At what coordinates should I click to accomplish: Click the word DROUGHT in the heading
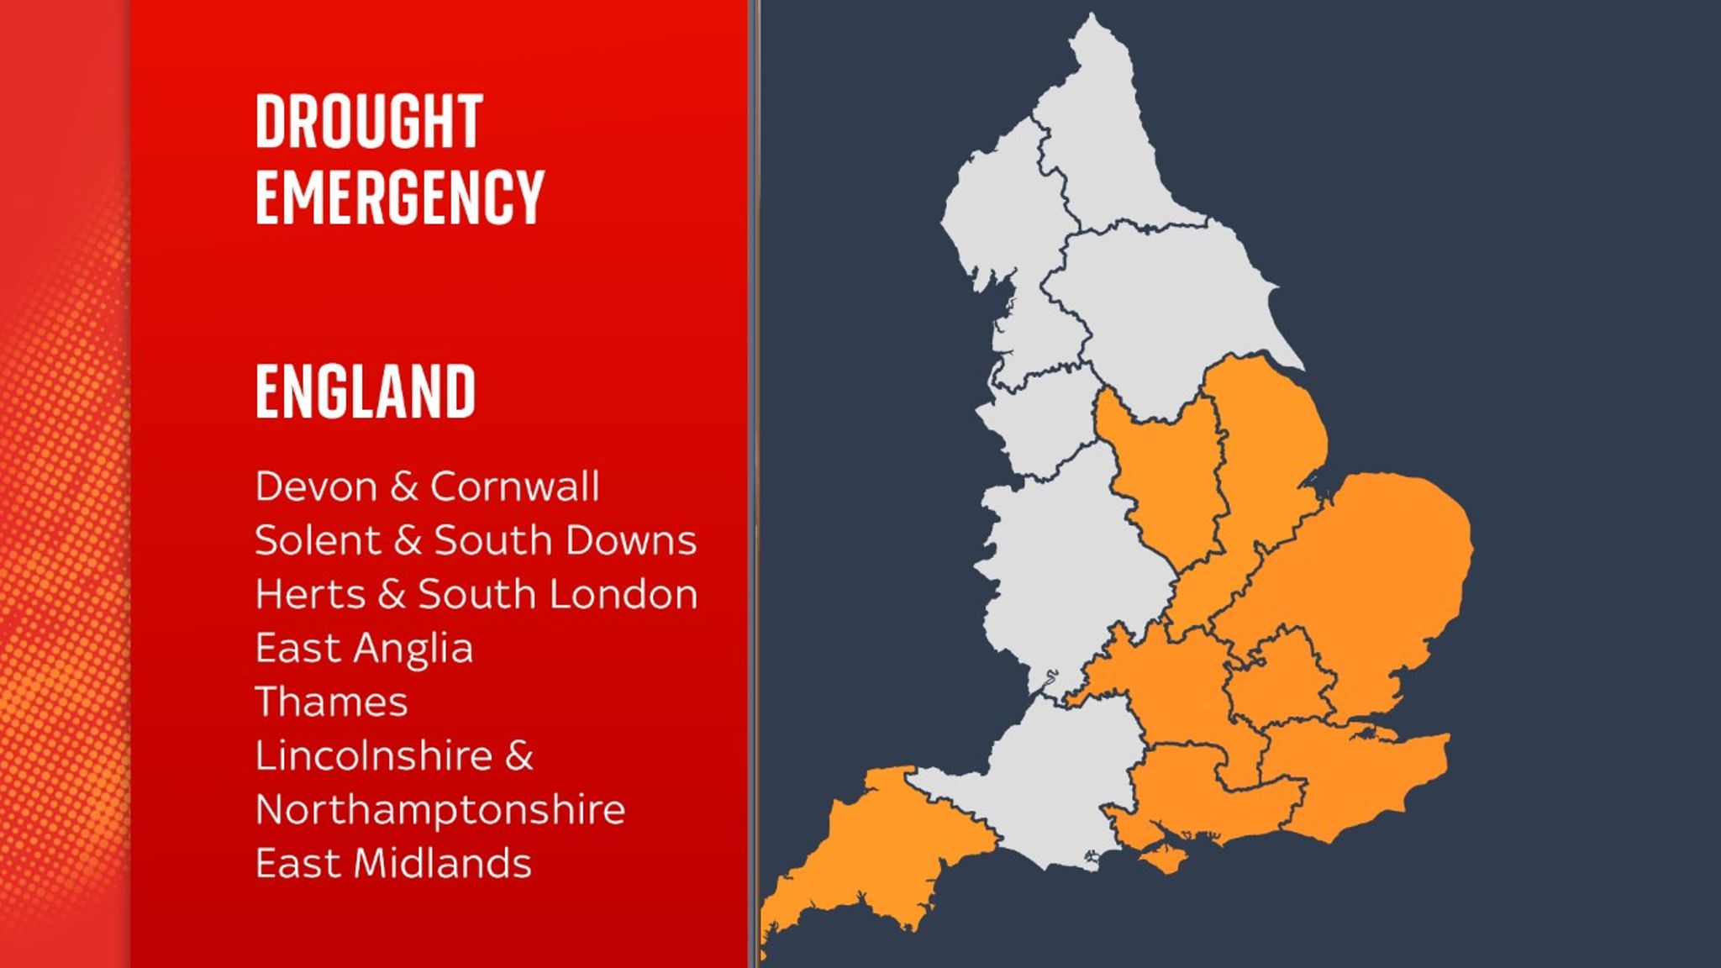pyautogui.click(x=368, y=122)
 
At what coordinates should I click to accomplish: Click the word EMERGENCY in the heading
pyautogui.click(x=399, y=197)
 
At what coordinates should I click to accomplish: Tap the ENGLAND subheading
pyautogui.click(x=365, y=392)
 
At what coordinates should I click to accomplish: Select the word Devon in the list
pyautogui.click(x=316, y=487)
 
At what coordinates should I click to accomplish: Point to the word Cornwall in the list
pyautogui.click(x=514, y=487)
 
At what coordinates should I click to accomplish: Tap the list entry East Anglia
pyautogui.click(x=364, y=649)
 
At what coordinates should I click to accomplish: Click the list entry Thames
pyautogui.click(x=331, y=702)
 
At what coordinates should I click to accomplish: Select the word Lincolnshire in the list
pyautogui.click(x=374, y=756)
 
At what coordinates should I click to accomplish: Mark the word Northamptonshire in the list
pyautogui.click(x=439, y=810)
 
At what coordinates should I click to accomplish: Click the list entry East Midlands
pyautogui.click(x=393, y=864)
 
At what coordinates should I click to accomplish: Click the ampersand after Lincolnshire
pyautogui.click(x=519, y=756)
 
